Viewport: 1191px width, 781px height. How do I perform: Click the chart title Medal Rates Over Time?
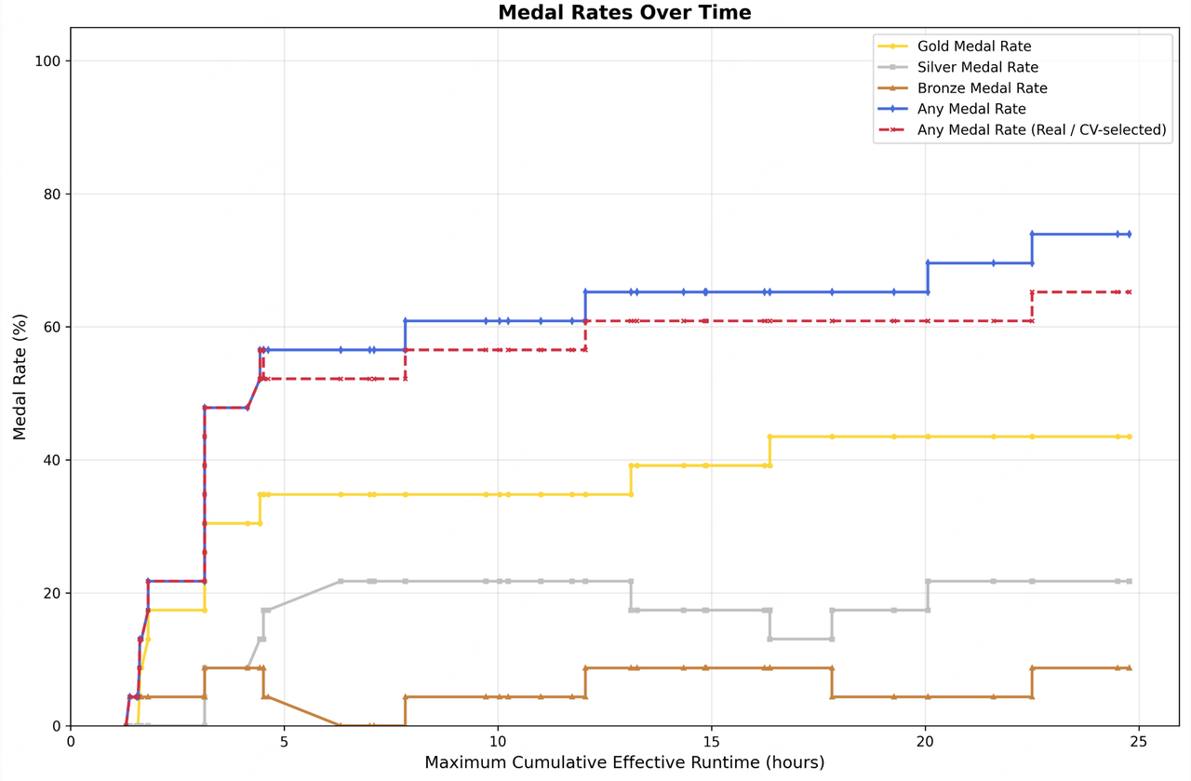[x=624, y=13]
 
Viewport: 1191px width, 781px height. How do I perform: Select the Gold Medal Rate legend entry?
[x=973, y=47]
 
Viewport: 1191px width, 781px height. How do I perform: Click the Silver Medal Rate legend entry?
[x=977, y=67]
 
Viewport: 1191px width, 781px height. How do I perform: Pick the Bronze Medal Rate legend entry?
[x=982, y=88]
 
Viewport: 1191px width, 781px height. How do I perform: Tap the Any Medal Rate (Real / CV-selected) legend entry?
[x=1041, y=130]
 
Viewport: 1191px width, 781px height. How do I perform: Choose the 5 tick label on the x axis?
[x=284, y=742]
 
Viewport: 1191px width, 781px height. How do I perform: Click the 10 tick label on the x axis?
[x=498, y=742]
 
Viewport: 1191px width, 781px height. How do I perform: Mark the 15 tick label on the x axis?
[x=712, y=742]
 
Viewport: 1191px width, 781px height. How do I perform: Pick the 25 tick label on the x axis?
[x=1139, y=742]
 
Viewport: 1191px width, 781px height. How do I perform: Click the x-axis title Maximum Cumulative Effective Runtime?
[x=624, y=763]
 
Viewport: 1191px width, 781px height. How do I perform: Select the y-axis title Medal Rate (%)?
[x=20, y=377]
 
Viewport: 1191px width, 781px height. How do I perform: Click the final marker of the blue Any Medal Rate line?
[x=1129, y=235]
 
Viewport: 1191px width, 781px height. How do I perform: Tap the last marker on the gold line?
[x=1129, y=437]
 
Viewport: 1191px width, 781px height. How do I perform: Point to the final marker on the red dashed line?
[x=1129, y=292]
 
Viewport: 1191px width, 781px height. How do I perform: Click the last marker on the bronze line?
[x=1129, y=668]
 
